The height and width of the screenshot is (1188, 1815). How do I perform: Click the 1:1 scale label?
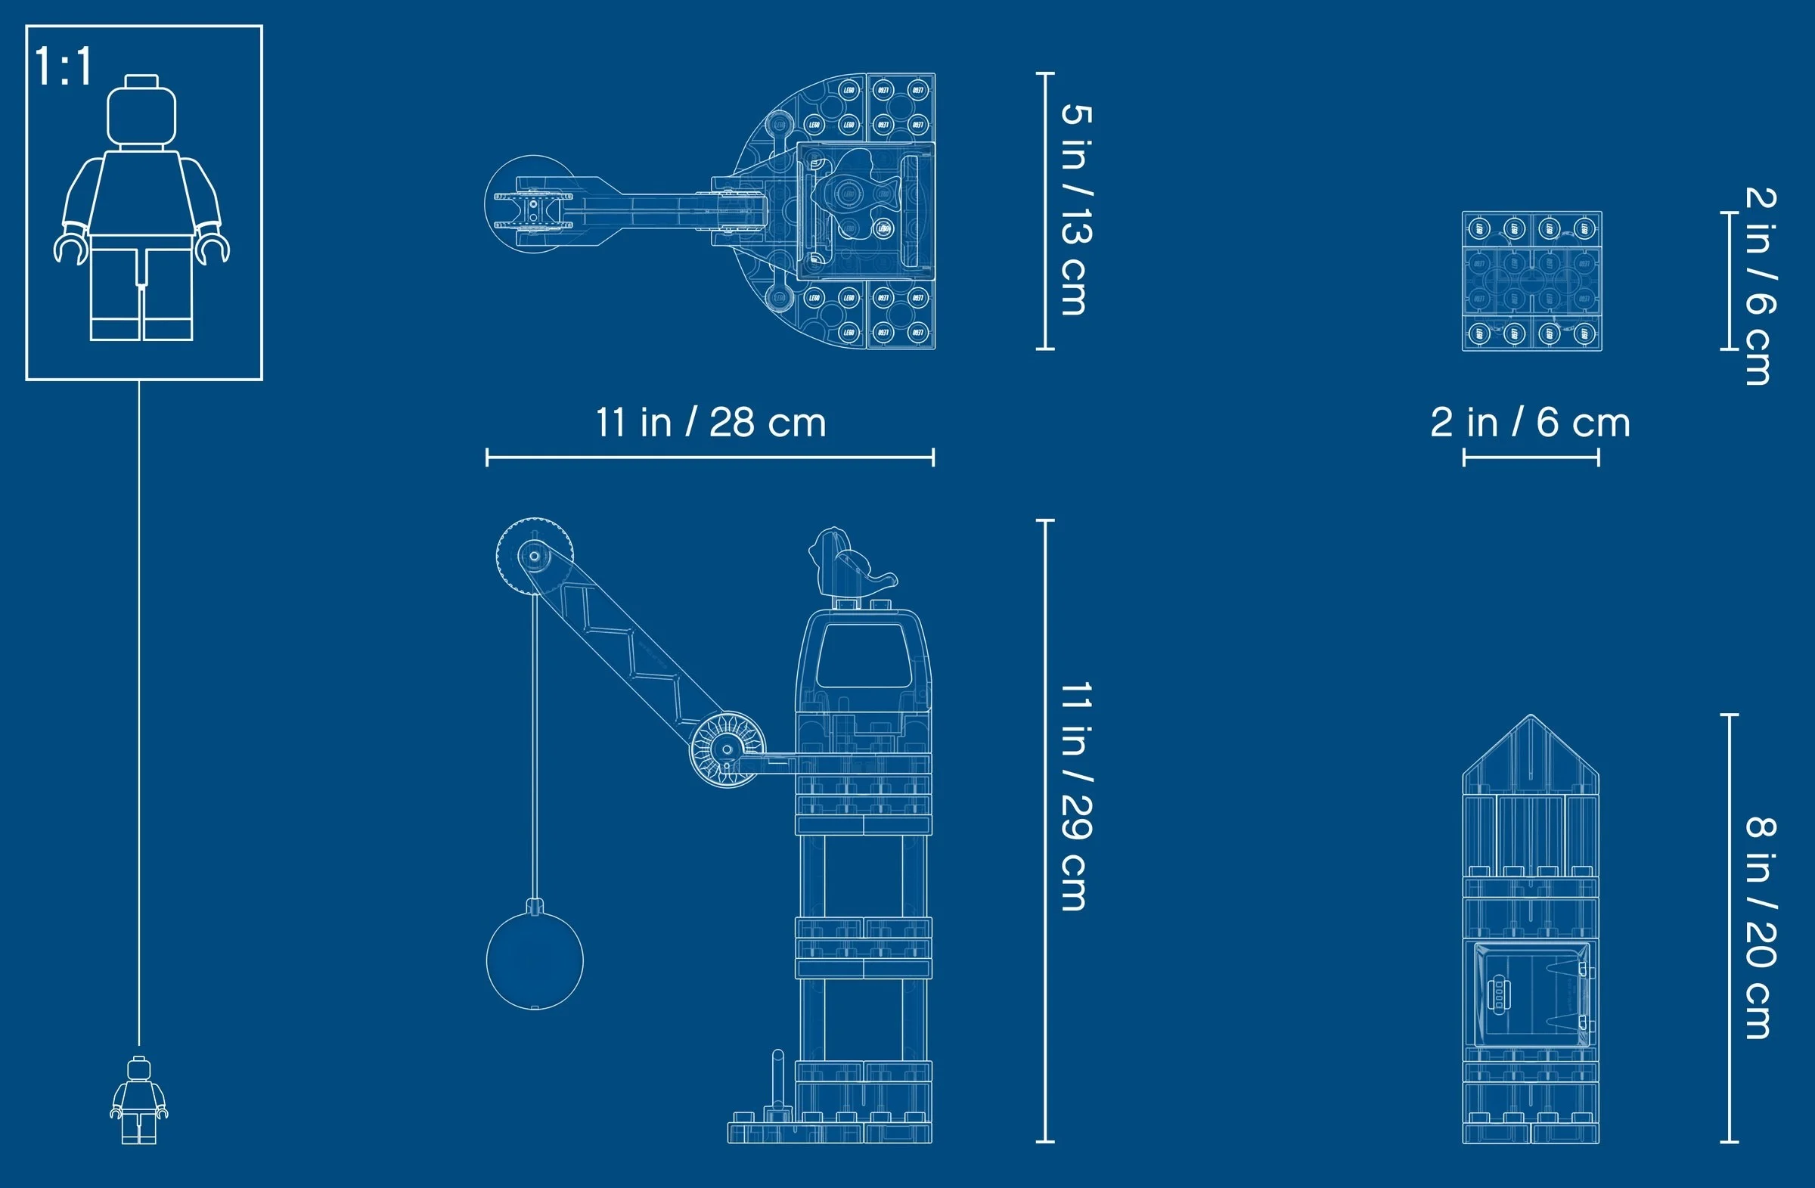[x=64, y=67]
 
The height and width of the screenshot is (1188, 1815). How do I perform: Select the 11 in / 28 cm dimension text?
[x=710, y=423]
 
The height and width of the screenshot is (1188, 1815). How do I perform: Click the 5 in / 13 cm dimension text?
[x=1076, y=209]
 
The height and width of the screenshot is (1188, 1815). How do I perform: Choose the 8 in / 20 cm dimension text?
[x=1761, y=927]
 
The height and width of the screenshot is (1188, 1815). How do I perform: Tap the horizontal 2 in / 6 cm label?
[x=1530, y=423]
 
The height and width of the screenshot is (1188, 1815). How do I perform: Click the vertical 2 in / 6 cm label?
[x=1761, y=286]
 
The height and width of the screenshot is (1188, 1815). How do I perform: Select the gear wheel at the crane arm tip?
[x=534, y=555]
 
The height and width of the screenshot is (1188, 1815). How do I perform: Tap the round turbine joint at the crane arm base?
[x=727, y=749]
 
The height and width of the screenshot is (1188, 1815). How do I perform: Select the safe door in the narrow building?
[x=1530, y=994]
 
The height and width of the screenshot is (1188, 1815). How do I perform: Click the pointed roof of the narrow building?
[x=1530, y=755]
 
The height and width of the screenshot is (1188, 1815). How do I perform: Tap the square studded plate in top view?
[x=1531, y=281]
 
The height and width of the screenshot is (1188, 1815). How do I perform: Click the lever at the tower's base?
[x=778, y=1083]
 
